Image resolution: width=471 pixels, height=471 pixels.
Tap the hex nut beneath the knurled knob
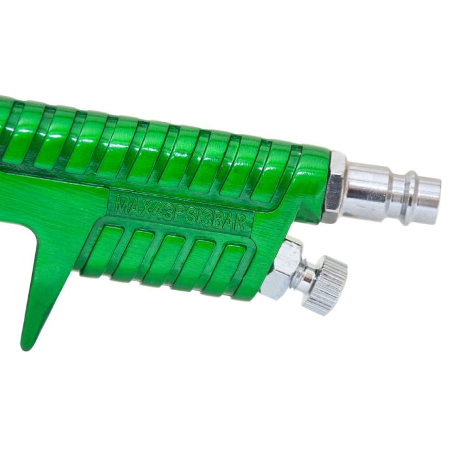point(282,269)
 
